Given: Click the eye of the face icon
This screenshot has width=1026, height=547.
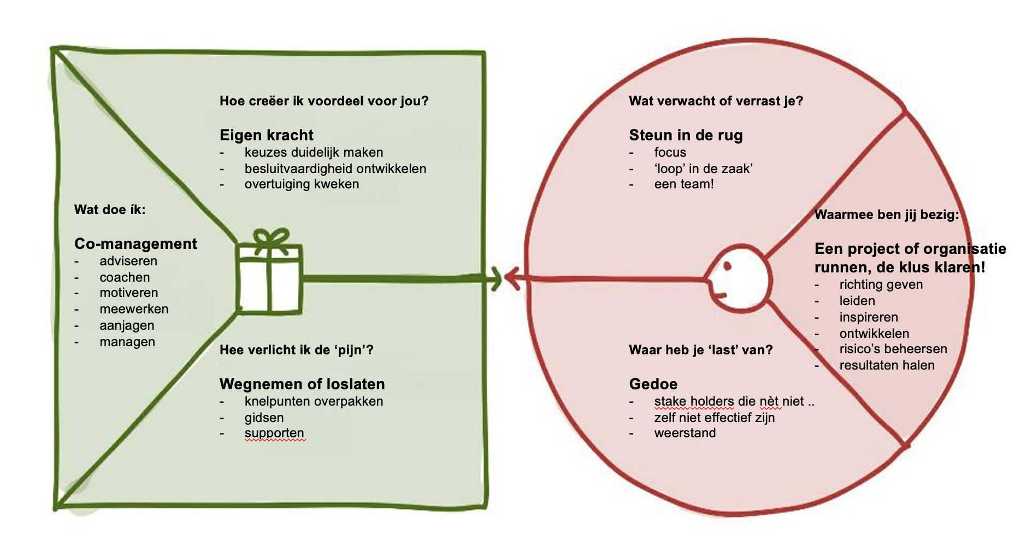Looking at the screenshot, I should pos(727,266).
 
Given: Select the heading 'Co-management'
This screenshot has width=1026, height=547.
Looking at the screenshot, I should pos(135,243).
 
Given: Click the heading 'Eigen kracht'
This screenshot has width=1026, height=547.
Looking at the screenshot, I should pos(266,135).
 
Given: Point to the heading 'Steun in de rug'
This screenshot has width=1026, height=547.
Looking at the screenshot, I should pos(686,135).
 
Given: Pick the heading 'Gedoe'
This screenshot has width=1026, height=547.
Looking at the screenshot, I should pos(653,384).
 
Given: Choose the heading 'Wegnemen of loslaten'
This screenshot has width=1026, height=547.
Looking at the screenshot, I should pos(302,384).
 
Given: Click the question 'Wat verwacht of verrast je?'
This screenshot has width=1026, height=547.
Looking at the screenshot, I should pos(716,101).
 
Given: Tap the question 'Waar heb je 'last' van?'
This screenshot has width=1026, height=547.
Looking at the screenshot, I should pos(700,350).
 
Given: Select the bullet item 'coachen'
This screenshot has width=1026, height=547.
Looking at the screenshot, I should pos(125,277).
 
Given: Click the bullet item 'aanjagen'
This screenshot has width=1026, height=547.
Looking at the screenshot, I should pos(127,325).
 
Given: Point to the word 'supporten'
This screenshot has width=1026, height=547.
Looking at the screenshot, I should pos(274,433).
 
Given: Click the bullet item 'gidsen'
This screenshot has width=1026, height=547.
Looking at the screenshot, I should pos(264,418).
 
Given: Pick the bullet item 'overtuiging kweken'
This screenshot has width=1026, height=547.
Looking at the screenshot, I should pos(302,184).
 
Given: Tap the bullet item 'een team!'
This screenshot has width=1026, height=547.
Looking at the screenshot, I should pos(684,184).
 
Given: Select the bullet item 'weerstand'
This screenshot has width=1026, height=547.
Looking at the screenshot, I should pos(685,433).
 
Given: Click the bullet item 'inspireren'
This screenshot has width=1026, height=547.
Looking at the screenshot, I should pos(869,317).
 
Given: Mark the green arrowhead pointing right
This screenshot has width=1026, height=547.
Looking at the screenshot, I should pos(496,279).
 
